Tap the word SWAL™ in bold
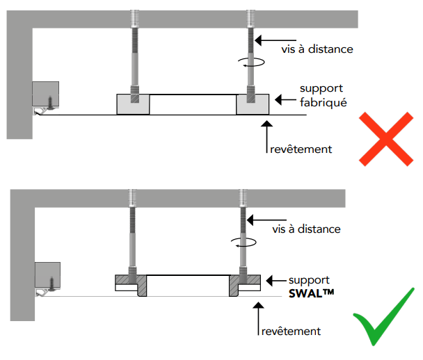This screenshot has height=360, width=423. tap(311, 293)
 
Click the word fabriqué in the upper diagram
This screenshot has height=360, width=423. tap(323, 102)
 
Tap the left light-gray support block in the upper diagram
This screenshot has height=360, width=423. tap(132, 104)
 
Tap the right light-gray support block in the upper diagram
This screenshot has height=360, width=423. tap(253, 104)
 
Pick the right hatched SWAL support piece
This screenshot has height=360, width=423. tap(241, 284)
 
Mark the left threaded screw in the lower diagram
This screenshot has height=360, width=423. tap(131, 233)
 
